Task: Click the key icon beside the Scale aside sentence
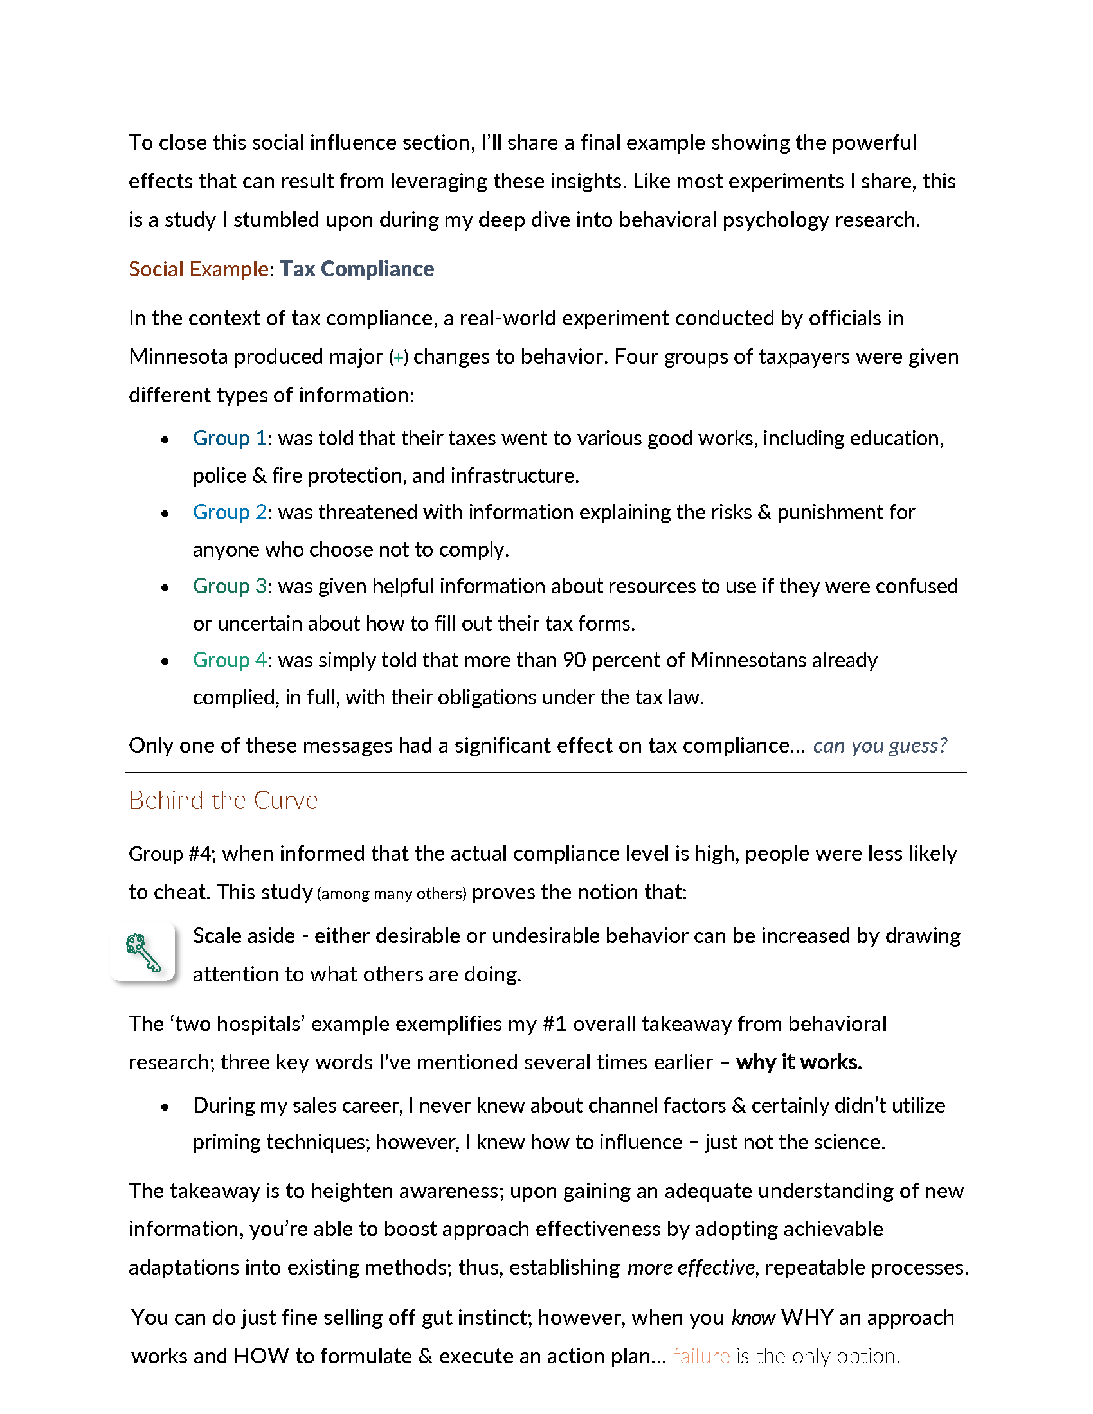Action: pos(143,953)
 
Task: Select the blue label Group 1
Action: pos(230,438)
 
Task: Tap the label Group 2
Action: pos(230,512)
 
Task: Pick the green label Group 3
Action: pos(230,586)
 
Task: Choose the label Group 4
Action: pos(230,659)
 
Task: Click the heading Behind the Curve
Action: pos(223,800)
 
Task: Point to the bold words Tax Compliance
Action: pos(357,269)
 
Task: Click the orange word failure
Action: pos(701,1356)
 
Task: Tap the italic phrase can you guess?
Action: pos(880,746)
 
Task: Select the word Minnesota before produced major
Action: pos(178,357)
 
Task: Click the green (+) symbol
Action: pos(398,357)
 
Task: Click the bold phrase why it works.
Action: pos(799,1062)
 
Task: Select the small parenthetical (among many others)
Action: pos(392,893)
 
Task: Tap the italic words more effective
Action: pos(691,1267)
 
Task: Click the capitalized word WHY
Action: pos(808,1318)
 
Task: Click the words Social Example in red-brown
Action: pos(198,269)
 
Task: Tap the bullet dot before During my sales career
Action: pos(165,1107)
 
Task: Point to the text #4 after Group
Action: pos(201,854)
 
